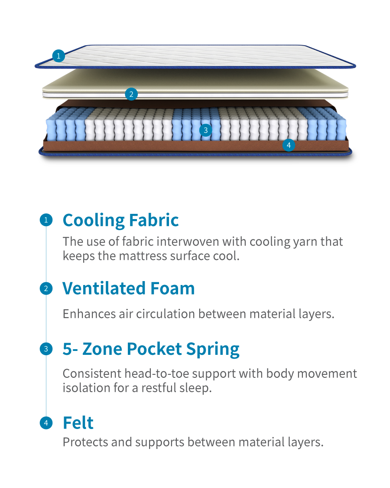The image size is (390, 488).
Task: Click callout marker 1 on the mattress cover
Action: pos(58,56)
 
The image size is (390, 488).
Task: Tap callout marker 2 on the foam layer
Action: pos(131,94)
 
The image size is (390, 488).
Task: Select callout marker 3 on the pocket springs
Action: pos(205,130)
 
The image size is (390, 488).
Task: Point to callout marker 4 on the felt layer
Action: pos(289,145)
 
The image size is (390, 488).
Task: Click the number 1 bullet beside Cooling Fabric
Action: pos(46,220)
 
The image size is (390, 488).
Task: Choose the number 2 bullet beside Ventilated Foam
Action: pos(46,288)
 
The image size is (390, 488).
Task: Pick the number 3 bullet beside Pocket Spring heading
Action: pos(46,349)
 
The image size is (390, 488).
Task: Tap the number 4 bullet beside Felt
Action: pos(46,423)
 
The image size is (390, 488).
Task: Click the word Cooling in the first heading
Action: pos(94,221)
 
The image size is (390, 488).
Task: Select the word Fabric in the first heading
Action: pos(154,220)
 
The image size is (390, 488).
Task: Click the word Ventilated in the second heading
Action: pos(104,288)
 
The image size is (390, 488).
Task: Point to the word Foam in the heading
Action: pos(172,288)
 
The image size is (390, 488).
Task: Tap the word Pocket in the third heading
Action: pos(154,349)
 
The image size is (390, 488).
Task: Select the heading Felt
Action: pos(78,422)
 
